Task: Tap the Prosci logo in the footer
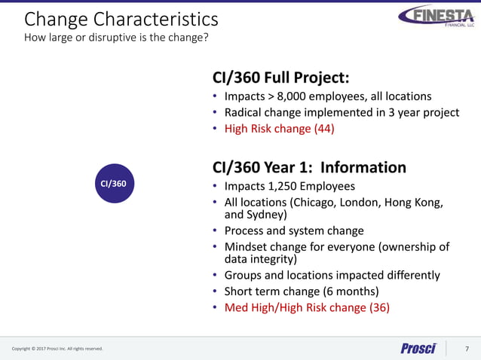click(x=418, y=348)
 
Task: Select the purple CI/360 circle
click(x=114, y=183)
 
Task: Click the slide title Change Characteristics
click(x=121, y=18)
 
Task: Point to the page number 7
click(x=467, y=348)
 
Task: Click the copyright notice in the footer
click(x=57, y=349)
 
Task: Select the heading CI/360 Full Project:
click(x=281, y=78)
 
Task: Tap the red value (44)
click(x=323, y=129)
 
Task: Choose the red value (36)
click(x=379, y=307)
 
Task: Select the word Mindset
click(x=246, y=247)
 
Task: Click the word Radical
click(x=245, y=113)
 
